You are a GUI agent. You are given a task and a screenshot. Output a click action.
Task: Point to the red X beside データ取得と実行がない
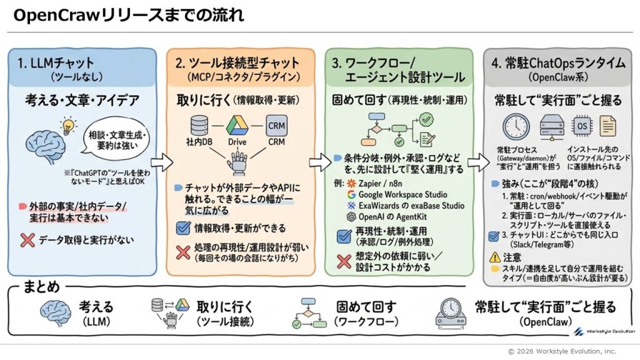27,239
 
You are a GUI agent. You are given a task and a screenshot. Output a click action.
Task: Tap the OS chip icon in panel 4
582,127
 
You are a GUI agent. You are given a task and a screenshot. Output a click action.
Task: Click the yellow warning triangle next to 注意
494,256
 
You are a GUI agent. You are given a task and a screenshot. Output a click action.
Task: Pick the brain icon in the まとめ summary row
55,313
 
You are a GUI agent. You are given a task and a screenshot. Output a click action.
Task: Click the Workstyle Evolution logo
602,329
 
